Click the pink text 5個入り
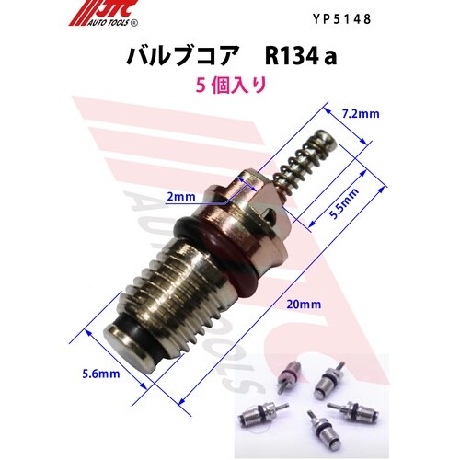(231, 85)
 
